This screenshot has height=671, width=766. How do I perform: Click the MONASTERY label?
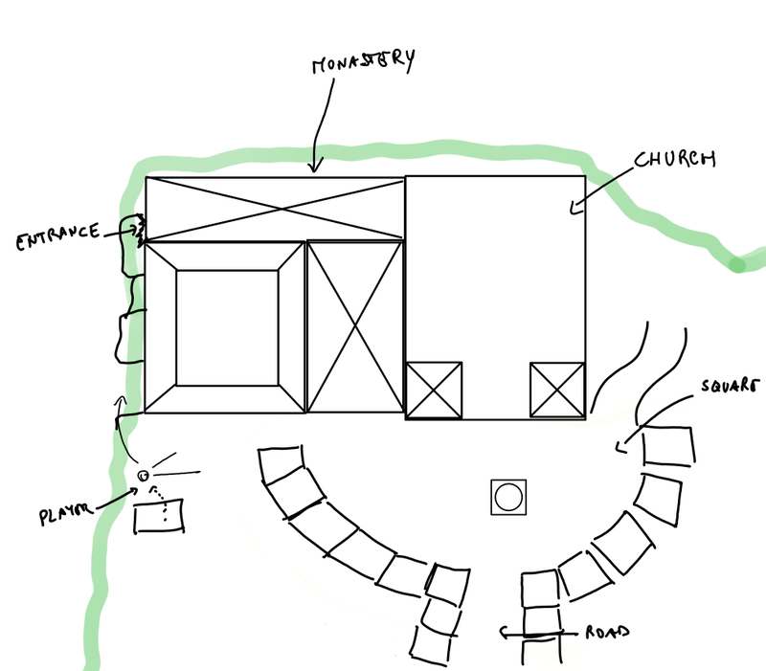pyautogui.click(x=363, y=63)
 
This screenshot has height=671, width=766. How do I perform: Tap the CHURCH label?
pyautogui.click(x=676, y=158)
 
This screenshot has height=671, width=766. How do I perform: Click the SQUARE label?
pyautogui.click(x=730, y=387)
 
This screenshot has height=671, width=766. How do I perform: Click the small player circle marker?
pyautogui.click(x=143, y=476)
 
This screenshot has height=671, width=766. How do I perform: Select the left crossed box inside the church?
pyautogui.click(x=435, y=390)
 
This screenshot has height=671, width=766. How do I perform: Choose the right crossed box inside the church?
pyautogui.click(x=557, y=390)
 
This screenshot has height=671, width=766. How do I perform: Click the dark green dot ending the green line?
pyautogui.click(x=735, y=264)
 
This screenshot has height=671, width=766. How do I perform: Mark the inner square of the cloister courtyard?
pyautogui.click(x=227, y=328)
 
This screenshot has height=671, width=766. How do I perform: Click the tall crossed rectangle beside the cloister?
pyautogui.click(x=354, y=326)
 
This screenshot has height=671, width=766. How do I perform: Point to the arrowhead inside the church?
pyautogui.click(x=574, y=206)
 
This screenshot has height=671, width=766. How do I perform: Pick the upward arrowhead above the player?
pyautogui.click(x=120, y=400)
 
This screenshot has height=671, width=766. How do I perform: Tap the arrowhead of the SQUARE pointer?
pyautogui.click(x=621, y=444)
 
